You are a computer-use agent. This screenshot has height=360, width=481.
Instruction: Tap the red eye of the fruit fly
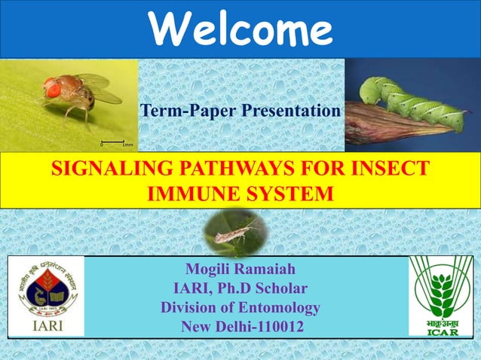pos(52,88)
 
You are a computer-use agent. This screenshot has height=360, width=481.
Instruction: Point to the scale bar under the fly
pos(112,141)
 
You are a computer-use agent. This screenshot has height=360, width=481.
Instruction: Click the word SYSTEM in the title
pos(293,194)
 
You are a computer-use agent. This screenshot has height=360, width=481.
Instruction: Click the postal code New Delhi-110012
pos(240,327)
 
